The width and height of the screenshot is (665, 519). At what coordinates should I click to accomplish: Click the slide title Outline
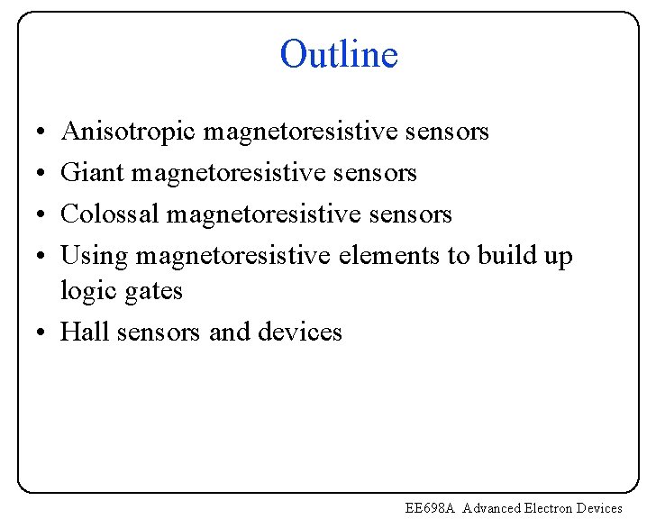[338, 55]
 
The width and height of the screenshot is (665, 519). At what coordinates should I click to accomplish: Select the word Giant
[92, 173]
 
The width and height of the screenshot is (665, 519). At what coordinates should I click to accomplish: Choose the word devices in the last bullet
[300, 332]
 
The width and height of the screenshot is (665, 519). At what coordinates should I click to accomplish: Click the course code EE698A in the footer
[432, 508]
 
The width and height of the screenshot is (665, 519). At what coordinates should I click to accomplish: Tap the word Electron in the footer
[551, 508]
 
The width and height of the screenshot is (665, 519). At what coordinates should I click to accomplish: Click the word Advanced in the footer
[492, 508]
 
